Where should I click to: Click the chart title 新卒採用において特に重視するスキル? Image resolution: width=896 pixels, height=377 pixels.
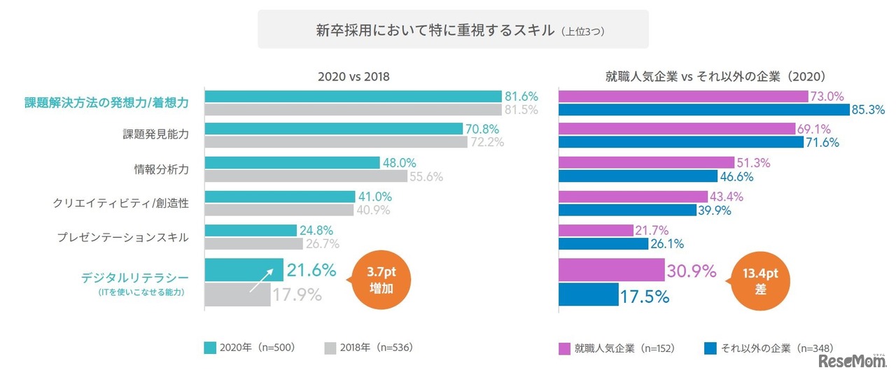point(435,31)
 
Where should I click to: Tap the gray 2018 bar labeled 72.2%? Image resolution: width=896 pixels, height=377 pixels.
point(335,142)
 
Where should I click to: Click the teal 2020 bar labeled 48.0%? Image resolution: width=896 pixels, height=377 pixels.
point(291,162)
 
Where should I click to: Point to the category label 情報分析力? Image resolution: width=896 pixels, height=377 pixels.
point(161,169)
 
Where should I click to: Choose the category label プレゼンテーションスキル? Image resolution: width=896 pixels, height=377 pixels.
point(122,237)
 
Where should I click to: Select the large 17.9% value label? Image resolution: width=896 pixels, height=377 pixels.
point(297,294)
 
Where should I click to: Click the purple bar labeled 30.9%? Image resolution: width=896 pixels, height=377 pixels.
point(610,270)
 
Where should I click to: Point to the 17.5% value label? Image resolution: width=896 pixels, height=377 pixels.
point(644,296)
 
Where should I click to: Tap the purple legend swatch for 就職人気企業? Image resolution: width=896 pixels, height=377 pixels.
point(564,348)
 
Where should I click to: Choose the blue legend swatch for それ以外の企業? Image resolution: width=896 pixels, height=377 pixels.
point(709,348)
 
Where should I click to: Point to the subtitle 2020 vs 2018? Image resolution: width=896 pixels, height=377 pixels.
point(353,78)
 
